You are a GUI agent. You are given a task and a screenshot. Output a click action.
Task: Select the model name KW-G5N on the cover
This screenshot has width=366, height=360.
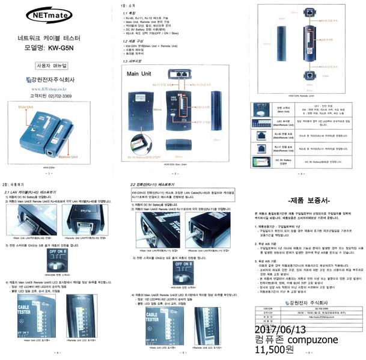tap(63, 47)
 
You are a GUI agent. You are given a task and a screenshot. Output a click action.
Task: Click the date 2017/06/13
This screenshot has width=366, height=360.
tap(280, 330)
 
